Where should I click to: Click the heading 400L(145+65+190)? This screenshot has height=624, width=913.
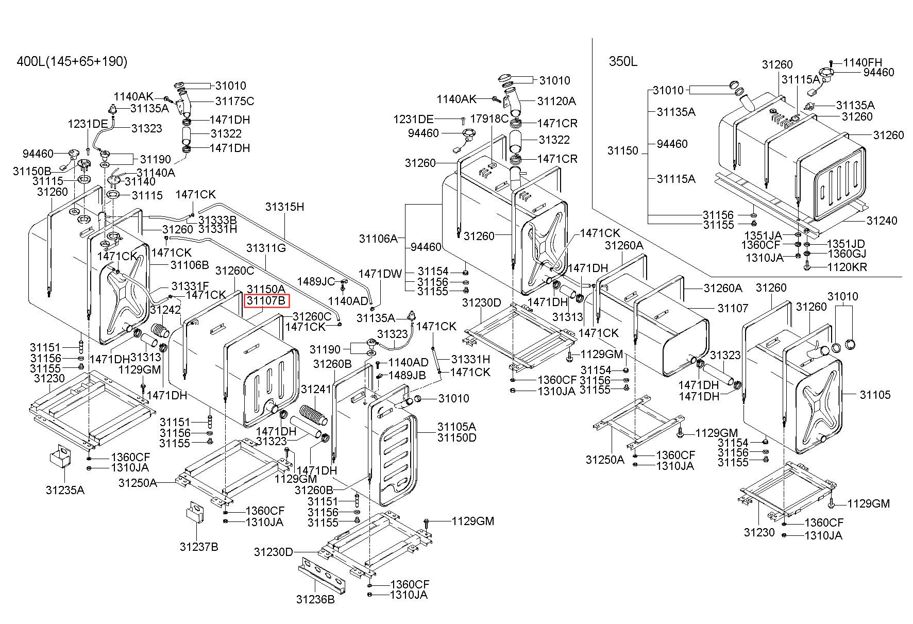coord(72,62)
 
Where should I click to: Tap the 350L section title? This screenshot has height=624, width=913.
coord(623,62)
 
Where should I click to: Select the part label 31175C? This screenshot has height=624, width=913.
coord(234,101)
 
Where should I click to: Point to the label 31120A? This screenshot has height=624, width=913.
coord(556,101)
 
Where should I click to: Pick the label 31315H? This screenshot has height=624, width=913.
coord(285,207)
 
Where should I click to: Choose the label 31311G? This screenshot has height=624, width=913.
coord(266,248)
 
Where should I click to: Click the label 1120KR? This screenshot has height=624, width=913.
coord(847,267)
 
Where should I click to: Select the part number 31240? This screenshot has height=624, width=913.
coord(882,221)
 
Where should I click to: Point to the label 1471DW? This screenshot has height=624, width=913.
coord(380,274)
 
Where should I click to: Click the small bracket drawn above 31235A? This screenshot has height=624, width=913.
coord(60,457)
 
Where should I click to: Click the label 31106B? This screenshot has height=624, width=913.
coord(190,265)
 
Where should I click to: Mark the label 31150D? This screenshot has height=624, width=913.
coord(457,437)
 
